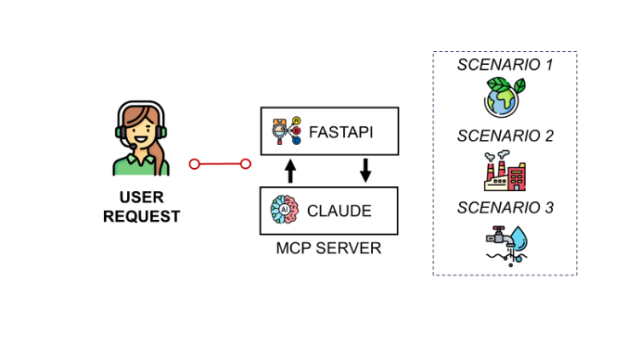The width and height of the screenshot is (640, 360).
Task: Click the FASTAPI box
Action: tap(329, 131)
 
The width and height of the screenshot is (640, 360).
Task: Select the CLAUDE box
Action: tap(329, 211)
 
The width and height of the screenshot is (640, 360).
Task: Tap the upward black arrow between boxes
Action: tap(289, 171)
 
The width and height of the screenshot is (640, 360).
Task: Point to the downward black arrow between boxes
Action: tap(365, 171)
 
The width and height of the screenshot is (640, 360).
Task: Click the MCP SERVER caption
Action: tap(329, 248)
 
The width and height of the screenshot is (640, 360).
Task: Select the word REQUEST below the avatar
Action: tap(141, 217)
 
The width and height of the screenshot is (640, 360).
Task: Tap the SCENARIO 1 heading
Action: tap(504, 65)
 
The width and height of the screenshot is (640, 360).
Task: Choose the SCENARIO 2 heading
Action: tap(504, 136)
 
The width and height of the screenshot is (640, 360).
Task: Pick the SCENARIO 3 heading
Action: tap(504, 207)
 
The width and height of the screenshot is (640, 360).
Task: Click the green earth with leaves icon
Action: tap(504, 96)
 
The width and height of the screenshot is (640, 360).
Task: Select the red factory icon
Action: tap(504, 171)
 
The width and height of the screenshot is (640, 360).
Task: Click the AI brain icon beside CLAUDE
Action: tap(284, 210)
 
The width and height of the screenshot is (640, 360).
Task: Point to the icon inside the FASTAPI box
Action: tap(285, 131)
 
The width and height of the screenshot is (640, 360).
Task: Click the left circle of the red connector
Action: tap(195, 164)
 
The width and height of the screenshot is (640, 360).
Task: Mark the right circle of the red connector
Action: tap(246, 164)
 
